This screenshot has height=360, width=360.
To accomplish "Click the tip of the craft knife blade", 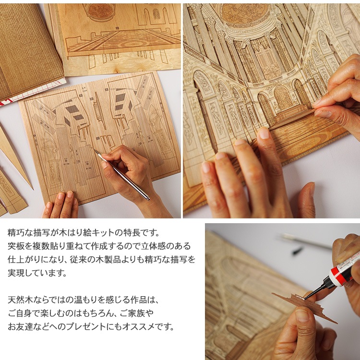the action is (x=94, y=150).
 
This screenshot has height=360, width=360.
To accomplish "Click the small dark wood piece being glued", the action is (x=303, y=306).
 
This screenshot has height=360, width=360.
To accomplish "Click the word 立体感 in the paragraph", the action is (x=153, y=246).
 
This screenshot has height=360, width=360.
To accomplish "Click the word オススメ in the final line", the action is (x=135, y=326).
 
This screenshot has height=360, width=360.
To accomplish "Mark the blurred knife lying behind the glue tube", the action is (x=305, y=240).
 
